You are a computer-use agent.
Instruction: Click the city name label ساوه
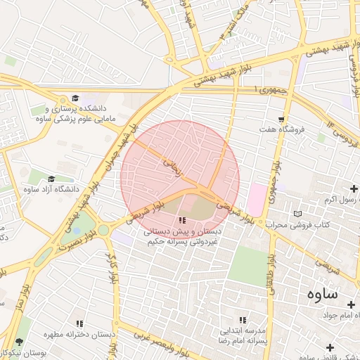[x=321, y=293]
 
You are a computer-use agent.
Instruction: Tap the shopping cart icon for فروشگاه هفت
[x=281, y=119]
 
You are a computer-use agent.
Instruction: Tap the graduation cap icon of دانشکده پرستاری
[x=75, y=98]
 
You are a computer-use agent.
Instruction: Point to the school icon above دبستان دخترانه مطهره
[x=79, y=323]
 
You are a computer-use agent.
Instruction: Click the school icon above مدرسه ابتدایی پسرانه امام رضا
[x=243, y=320]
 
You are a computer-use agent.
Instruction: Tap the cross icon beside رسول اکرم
[x=354, y=188]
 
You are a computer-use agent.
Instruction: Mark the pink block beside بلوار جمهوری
[x=257, y=199]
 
